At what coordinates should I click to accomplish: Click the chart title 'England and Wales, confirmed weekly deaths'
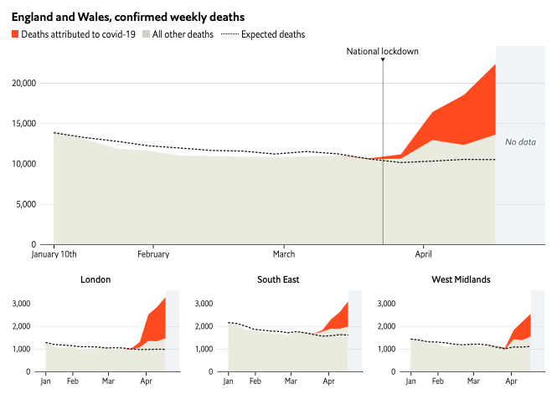point(128,17)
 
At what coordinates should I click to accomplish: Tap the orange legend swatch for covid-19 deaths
point(15,34)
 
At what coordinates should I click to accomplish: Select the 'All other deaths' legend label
point(183,34)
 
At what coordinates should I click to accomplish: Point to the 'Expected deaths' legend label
point(273,34)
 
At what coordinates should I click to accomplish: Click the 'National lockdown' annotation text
point(382,51)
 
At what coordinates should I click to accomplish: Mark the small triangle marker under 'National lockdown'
point(383,59)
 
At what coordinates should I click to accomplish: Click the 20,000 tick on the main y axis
point(24,84)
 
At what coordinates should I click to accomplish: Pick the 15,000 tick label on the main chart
point(24,124)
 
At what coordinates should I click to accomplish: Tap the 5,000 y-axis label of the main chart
point(26,205)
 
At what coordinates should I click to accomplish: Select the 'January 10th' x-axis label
point(54,254)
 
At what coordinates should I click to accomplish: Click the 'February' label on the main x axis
point(153,254)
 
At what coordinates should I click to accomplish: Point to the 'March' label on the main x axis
point(284,254)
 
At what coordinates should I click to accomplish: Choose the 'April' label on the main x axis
point(424,254)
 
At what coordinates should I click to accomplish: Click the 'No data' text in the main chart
point(520,142)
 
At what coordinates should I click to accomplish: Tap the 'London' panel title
point(95,279)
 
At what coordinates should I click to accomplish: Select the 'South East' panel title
point(278,279)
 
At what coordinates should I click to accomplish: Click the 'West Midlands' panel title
point(461,279)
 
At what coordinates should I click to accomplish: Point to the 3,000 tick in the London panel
point(21,304)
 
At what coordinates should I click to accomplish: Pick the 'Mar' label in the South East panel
point(291,381)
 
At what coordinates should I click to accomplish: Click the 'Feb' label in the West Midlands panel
point(437,381)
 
